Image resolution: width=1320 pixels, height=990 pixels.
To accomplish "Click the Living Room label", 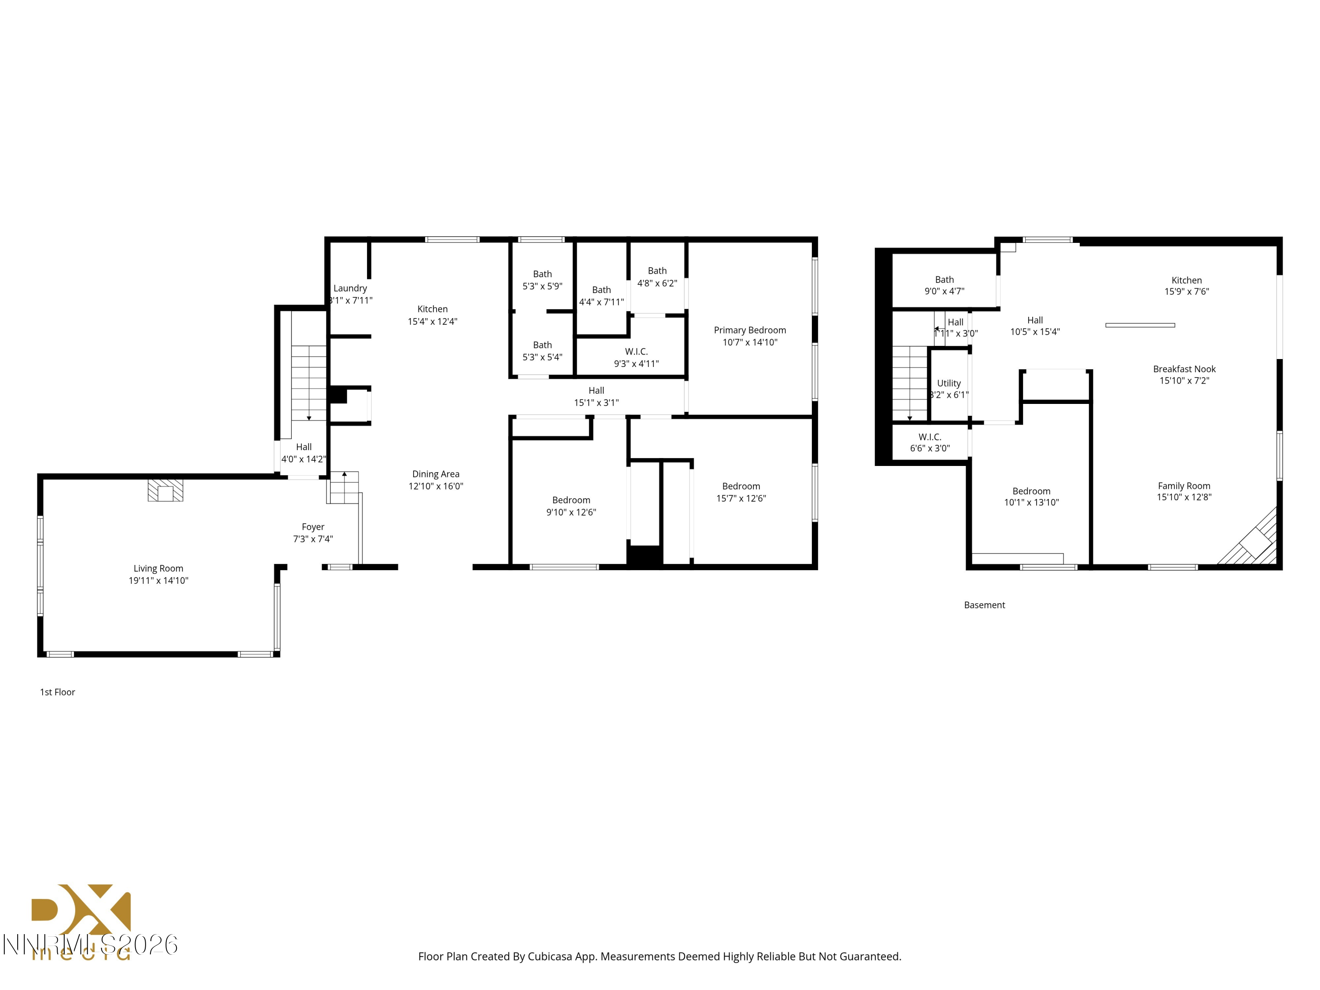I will click(158, 568).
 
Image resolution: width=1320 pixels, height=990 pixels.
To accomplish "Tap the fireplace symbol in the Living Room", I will click(165, 491).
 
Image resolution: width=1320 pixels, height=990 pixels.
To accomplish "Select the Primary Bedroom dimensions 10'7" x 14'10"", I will click(749, 342).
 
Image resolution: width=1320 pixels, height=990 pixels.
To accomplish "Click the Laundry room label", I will click(350, 288).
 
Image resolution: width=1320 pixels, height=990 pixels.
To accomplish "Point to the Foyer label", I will click(313, 527).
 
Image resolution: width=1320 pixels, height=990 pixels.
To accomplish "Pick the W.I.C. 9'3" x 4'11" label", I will click(636, 357).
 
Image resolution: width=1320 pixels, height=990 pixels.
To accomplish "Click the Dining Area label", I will click(436, 474).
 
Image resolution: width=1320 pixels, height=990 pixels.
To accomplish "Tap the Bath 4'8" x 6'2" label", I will click(657, 277).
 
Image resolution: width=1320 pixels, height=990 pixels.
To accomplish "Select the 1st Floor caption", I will click(57, 692).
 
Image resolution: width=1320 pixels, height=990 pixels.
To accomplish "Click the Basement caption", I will click(984, 605).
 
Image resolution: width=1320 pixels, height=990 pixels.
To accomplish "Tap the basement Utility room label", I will click(949, 383).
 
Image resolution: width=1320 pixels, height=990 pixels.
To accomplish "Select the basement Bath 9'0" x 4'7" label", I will click(944, 285).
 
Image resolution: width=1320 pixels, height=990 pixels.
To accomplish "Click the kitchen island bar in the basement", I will click(1140, 325).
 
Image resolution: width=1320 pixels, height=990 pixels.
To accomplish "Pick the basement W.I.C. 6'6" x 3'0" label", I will click(930, 442).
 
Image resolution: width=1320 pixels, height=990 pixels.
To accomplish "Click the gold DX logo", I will click(81, 910).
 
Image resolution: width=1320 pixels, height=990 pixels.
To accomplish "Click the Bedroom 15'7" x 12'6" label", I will click(741, 492).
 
